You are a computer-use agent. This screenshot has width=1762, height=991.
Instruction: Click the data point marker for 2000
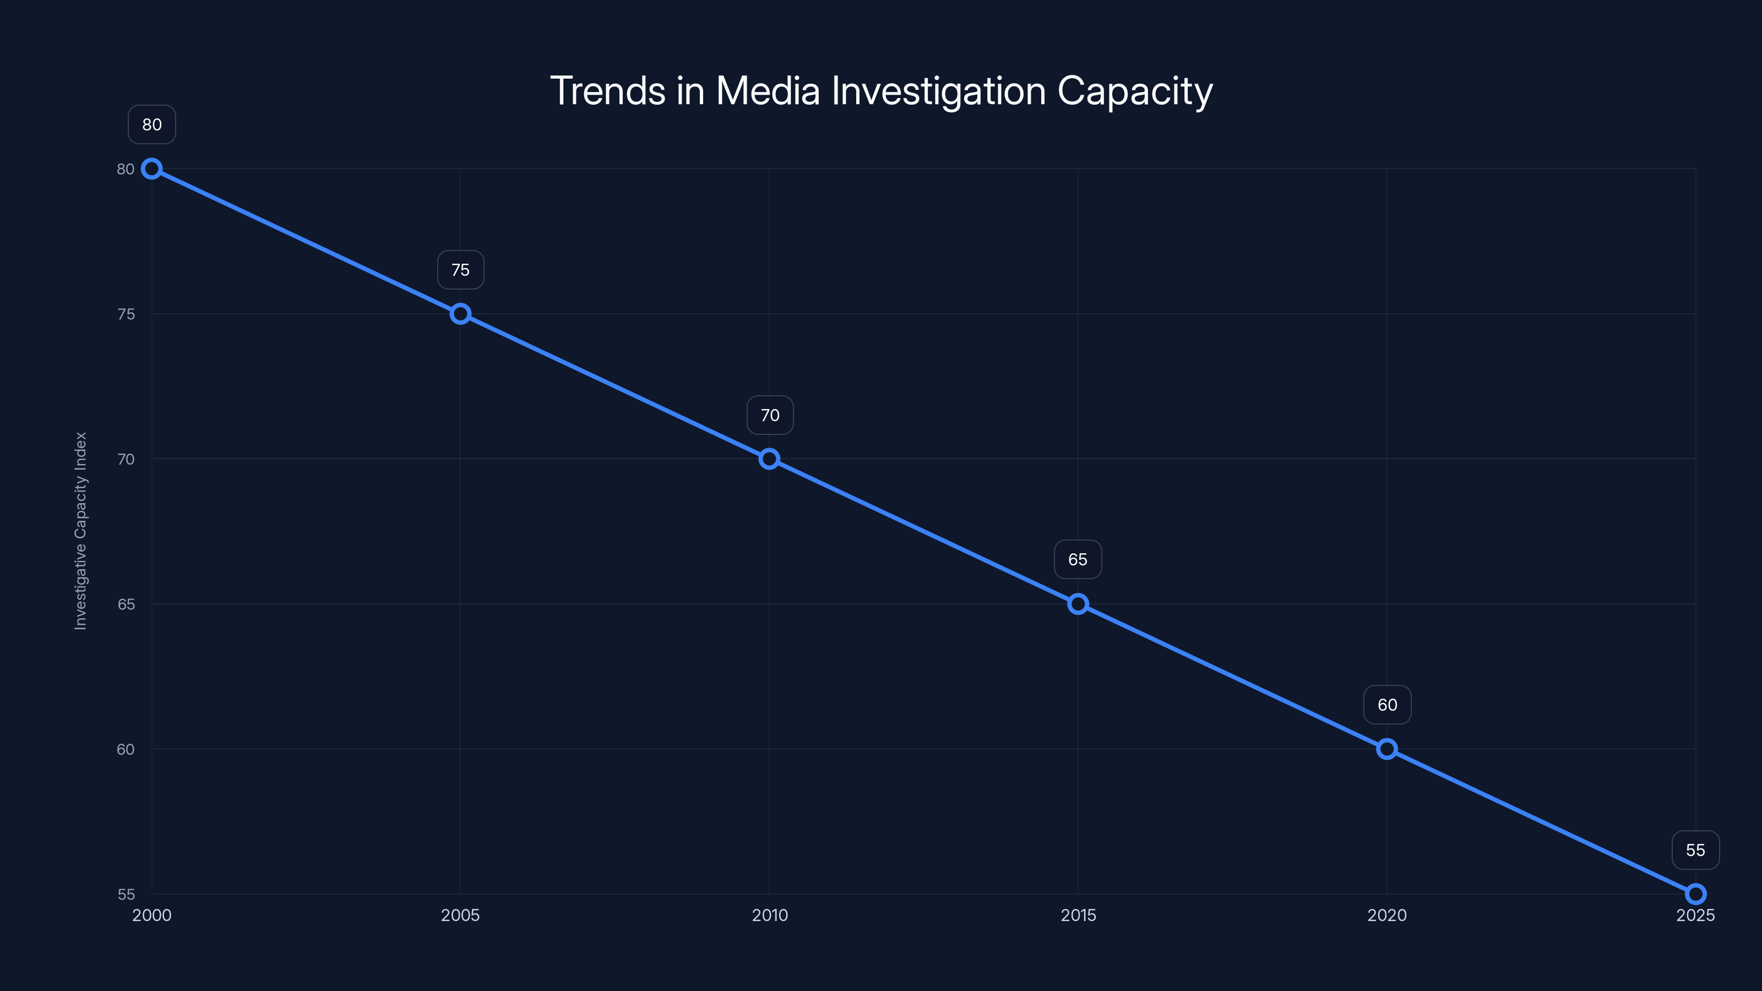tap(152, 169)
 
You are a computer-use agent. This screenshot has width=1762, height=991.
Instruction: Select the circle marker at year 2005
tap(460, 314)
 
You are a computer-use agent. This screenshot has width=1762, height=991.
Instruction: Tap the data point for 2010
tap(770, 459)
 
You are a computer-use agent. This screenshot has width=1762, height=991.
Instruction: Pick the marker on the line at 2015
tap(1078, 604)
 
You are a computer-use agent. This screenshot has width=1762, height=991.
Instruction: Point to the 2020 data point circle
tap(1386, 749)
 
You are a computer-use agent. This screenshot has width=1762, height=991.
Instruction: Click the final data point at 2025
tap(1696, 894)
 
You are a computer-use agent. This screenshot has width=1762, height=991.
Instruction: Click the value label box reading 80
tap(152, 124)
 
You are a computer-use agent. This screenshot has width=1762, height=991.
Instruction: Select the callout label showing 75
tap(460, 270)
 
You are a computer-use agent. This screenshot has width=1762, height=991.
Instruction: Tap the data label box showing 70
tap(770, 415)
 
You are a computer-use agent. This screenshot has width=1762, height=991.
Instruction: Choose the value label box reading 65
tap(1078, 559)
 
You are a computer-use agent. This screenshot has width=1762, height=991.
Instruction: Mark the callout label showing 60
tap(1386, 705)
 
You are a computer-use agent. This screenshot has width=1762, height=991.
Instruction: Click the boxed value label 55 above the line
tap(1696, 850)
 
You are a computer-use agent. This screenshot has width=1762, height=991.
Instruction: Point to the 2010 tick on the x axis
tap(770, 915)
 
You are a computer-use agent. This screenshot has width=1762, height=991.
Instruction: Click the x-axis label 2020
tap(1386, 915)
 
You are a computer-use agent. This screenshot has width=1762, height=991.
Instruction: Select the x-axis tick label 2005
tap(460, 915)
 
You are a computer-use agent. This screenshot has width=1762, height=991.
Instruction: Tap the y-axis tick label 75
tap(126, 314)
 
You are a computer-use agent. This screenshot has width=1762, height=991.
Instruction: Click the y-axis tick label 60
tap(126, 749)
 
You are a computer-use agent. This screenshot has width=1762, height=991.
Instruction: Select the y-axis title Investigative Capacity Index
tap(81, 531)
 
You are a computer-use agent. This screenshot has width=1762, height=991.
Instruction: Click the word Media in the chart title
tap(768, 91)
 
